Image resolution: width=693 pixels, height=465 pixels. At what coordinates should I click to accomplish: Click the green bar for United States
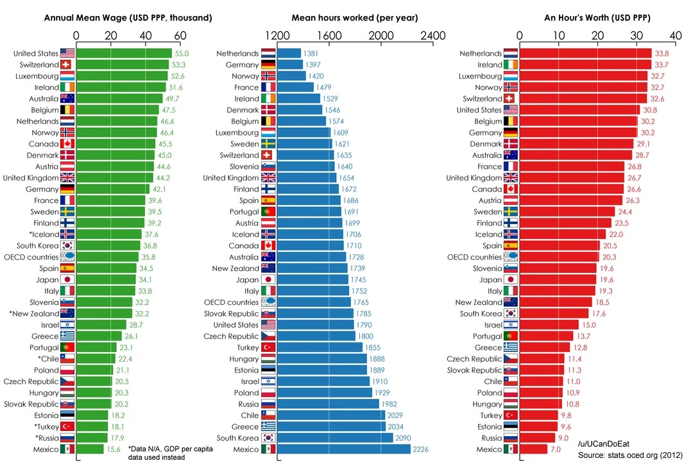(x=124, y=53)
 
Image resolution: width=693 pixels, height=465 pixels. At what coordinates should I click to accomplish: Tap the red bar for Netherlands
(x=585, y=53)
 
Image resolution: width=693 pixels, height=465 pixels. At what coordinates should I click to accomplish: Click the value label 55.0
(x=182, y=53)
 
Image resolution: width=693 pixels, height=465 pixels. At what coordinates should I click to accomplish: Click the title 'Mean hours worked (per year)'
(x=355, y=17)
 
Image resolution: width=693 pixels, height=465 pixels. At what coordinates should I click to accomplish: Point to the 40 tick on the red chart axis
(x=676, y=35)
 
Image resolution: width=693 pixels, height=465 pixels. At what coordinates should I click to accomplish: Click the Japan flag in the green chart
(x=67, y=280)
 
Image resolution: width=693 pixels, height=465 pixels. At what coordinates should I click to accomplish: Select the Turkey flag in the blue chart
(x=268, y=347)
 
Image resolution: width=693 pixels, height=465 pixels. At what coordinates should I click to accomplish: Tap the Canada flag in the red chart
(x=511, y=189)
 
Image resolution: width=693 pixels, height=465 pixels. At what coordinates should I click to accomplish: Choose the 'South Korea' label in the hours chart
(x=237, y=437)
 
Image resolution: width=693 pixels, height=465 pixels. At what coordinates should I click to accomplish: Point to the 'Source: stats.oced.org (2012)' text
(x=629, y=455)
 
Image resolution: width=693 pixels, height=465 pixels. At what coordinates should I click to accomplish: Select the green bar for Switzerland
(x=122, y=65)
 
